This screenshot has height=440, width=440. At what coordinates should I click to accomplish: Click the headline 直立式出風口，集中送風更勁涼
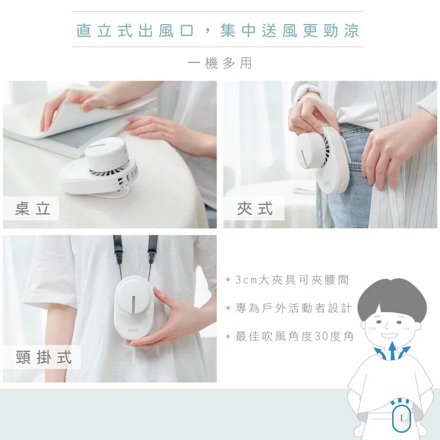218,30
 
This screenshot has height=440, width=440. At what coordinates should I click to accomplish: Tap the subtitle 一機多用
220,63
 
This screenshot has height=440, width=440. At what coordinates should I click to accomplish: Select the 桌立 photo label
33,209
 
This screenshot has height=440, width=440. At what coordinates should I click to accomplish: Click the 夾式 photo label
255,209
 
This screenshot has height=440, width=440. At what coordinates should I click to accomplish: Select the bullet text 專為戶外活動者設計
293,308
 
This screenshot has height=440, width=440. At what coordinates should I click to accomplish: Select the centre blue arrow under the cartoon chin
393,352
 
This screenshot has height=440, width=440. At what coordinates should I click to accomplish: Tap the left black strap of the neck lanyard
117,253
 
